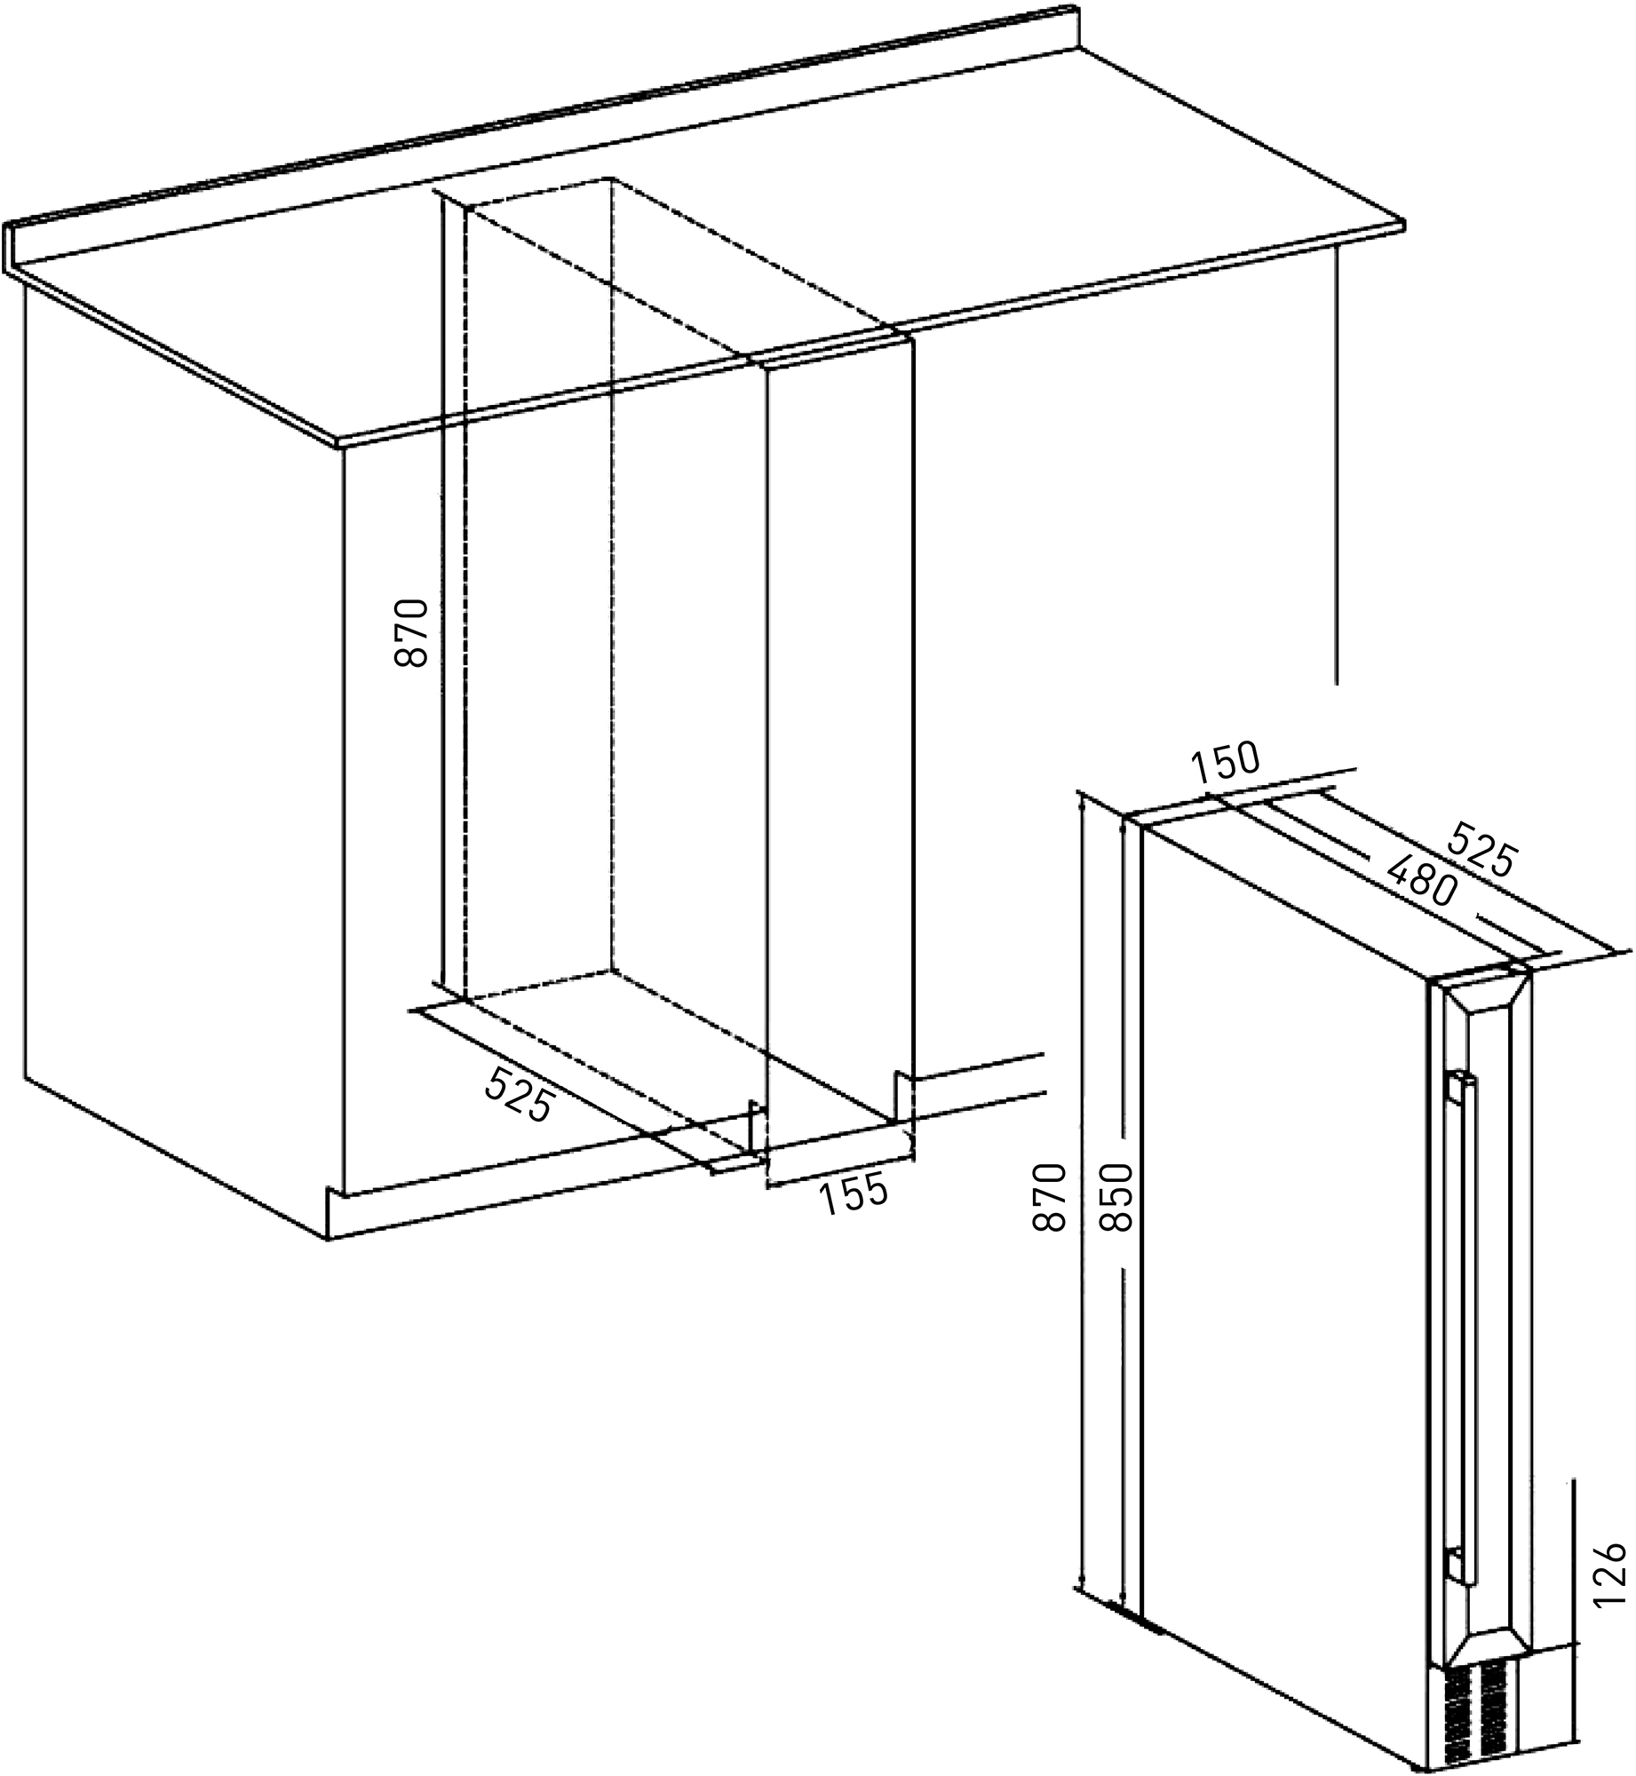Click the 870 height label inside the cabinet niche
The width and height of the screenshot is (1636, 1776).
coord(412,633)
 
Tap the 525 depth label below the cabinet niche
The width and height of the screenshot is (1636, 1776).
coord(520,1093)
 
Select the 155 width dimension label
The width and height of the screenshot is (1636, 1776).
coord(853,1195)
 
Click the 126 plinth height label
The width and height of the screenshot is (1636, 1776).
coord(1608,1574)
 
